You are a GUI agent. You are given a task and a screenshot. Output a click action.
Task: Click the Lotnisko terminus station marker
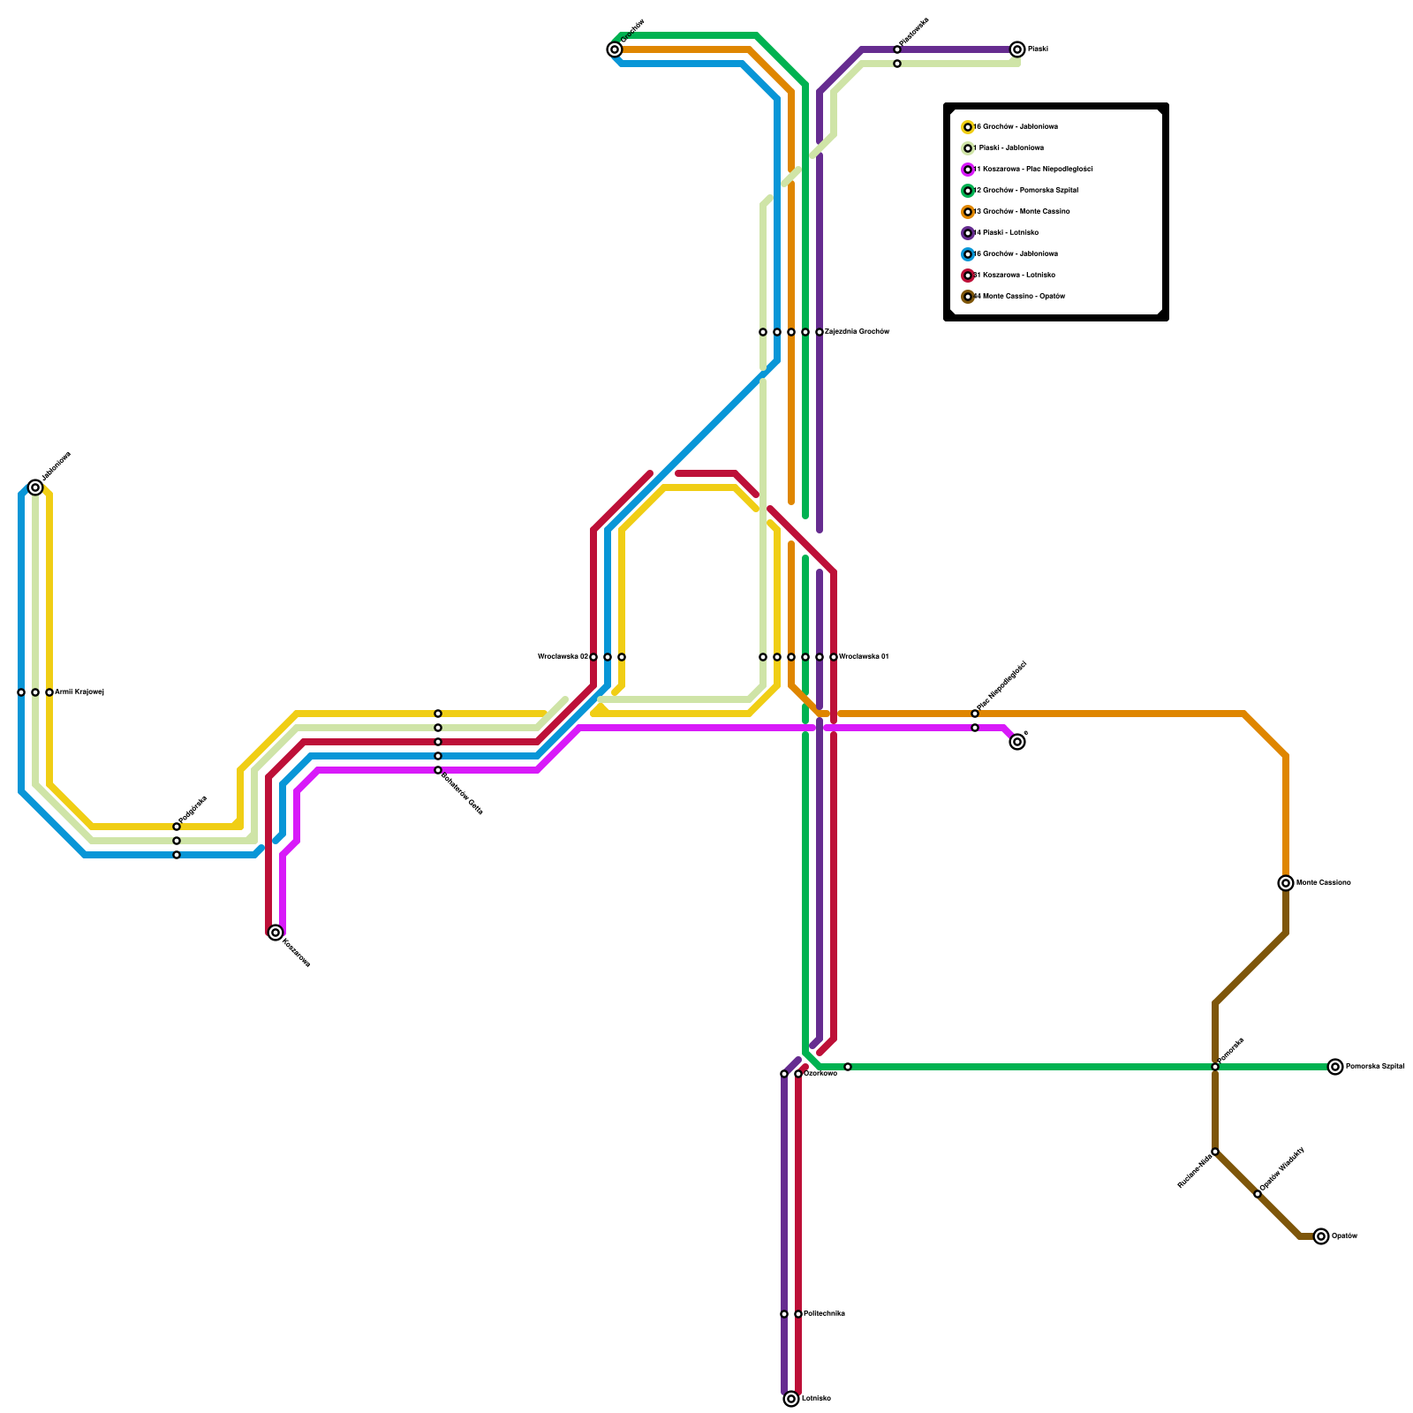coord(791,1399)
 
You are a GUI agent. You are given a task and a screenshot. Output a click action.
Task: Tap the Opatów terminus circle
coord(1321,1236)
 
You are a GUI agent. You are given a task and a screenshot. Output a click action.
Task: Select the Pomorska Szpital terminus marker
coord(1335,1067)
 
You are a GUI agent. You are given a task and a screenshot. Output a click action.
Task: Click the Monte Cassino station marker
coord(1286,883)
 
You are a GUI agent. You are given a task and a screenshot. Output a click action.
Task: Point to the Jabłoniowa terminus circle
coord(35,487)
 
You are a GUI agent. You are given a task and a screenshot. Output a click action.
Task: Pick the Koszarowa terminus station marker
coord(276,933)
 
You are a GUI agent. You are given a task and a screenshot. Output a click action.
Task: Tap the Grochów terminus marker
coord(615,49)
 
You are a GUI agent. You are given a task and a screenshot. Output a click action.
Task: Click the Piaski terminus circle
coord(1017,49)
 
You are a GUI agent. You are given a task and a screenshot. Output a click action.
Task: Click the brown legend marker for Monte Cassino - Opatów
coord(968,297)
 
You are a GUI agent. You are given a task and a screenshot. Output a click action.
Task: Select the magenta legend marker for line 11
coord(968,170)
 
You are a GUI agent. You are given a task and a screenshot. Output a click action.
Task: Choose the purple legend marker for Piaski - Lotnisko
coord(968,233)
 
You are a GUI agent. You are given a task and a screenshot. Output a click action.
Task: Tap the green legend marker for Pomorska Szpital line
coord(968,191)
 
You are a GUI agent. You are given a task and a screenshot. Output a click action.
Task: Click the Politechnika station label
coord(824,1314)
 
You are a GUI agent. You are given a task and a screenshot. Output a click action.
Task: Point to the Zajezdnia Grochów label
coord(857,332)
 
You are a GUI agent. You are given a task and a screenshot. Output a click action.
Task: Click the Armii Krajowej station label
coord(79,692)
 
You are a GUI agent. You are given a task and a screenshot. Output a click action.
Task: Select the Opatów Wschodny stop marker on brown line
coord(1258,1194)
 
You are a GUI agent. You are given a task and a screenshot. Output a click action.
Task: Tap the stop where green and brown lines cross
coord(1215,1067)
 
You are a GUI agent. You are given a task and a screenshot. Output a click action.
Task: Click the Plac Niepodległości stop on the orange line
coord(975,714)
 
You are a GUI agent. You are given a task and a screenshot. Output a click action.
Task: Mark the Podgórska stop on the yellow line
coord(177,827)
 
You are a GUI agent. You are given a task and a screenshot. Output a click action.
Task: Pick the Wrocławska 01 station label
coord(864,657)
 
